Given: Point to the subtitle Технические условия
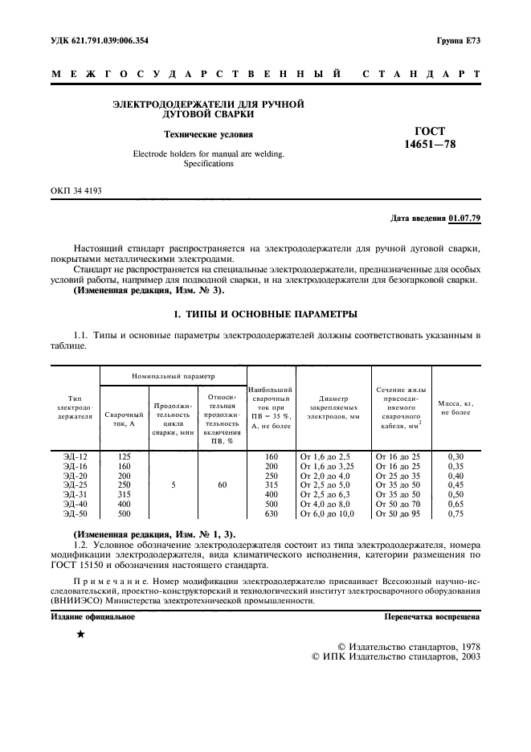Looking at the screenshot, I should [x=208, y=134].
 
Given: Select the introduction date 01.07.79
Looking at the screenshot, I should [x=464, y=218].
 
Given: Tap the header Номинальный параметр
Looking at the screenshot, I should [x=172, y=376].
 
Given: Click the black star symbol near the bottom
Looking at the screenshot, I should [x=80, y=634].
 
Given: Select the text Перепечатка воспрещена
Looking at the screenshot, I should [x=432, y=617].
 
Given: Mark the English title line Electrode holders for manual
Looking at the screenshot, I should [x=208, y=153].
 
